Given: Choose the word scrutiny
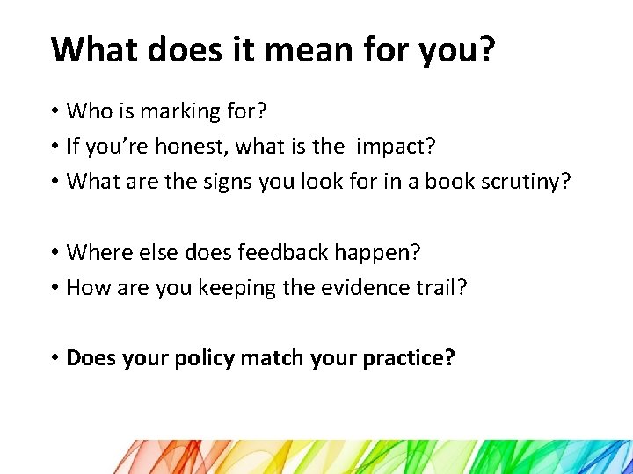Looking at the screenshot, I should click(521, 182).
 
